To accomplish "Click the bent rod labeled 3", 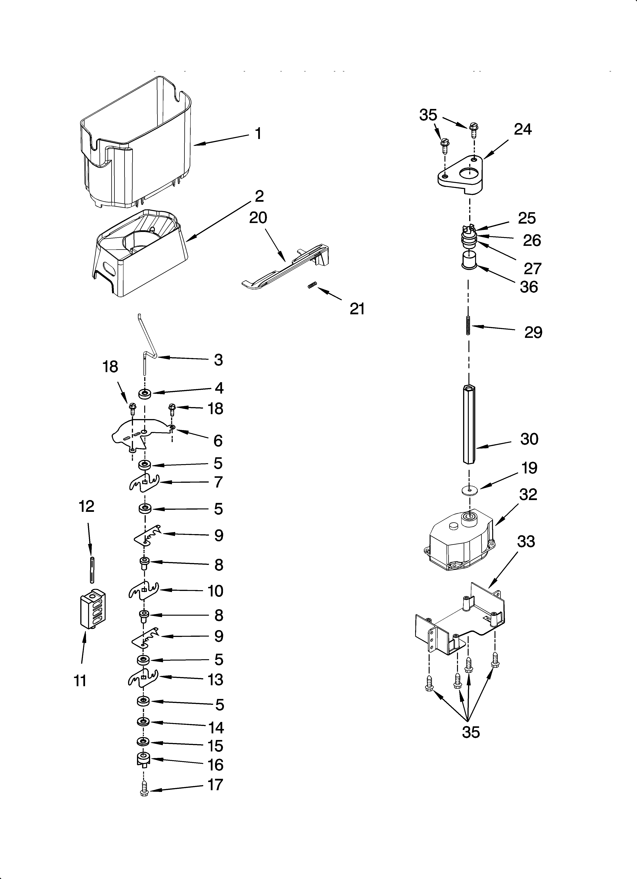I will (147, 345).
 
